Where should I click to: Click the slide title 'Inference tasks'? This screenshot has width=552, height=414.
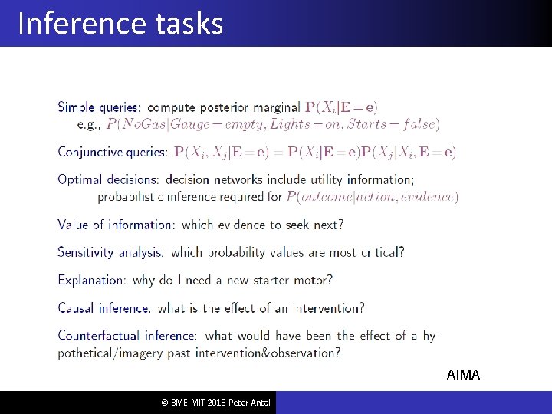tap(120, 24)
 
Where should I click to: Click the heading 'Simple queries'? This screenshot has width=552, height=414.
tap(99, 107)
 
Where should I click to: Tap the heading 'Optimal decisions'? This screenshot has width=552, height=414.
tap(108, 179)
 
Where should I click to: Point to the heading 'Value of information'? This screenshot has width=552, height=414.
tap(116, 225)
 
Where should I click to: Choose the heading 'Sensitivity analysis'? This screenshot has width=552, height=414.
tap(110, 252)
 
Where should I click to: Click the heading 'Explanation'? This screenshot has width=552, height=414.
tap(91, 280)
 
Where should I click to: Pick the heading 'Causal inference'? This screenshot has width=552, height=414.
tap(103, 308)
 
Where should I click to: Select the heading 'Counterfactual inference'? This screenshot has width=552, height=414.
tap(127, 336)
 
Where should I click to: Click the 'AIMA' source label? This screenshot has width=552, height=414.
tap(463, 375)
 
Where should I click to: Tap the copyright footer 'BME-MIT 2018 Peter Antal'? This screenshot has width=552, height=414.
tap(215, 402)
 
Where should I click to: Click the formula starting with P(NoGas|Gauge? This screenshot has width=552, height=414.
tap(273, 123)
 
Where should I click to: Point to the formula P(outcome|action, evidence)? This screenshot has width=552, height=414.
tap(372, 197)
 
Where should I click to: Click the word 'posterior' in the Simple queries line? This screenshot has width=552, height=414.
tap(228, 107)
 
